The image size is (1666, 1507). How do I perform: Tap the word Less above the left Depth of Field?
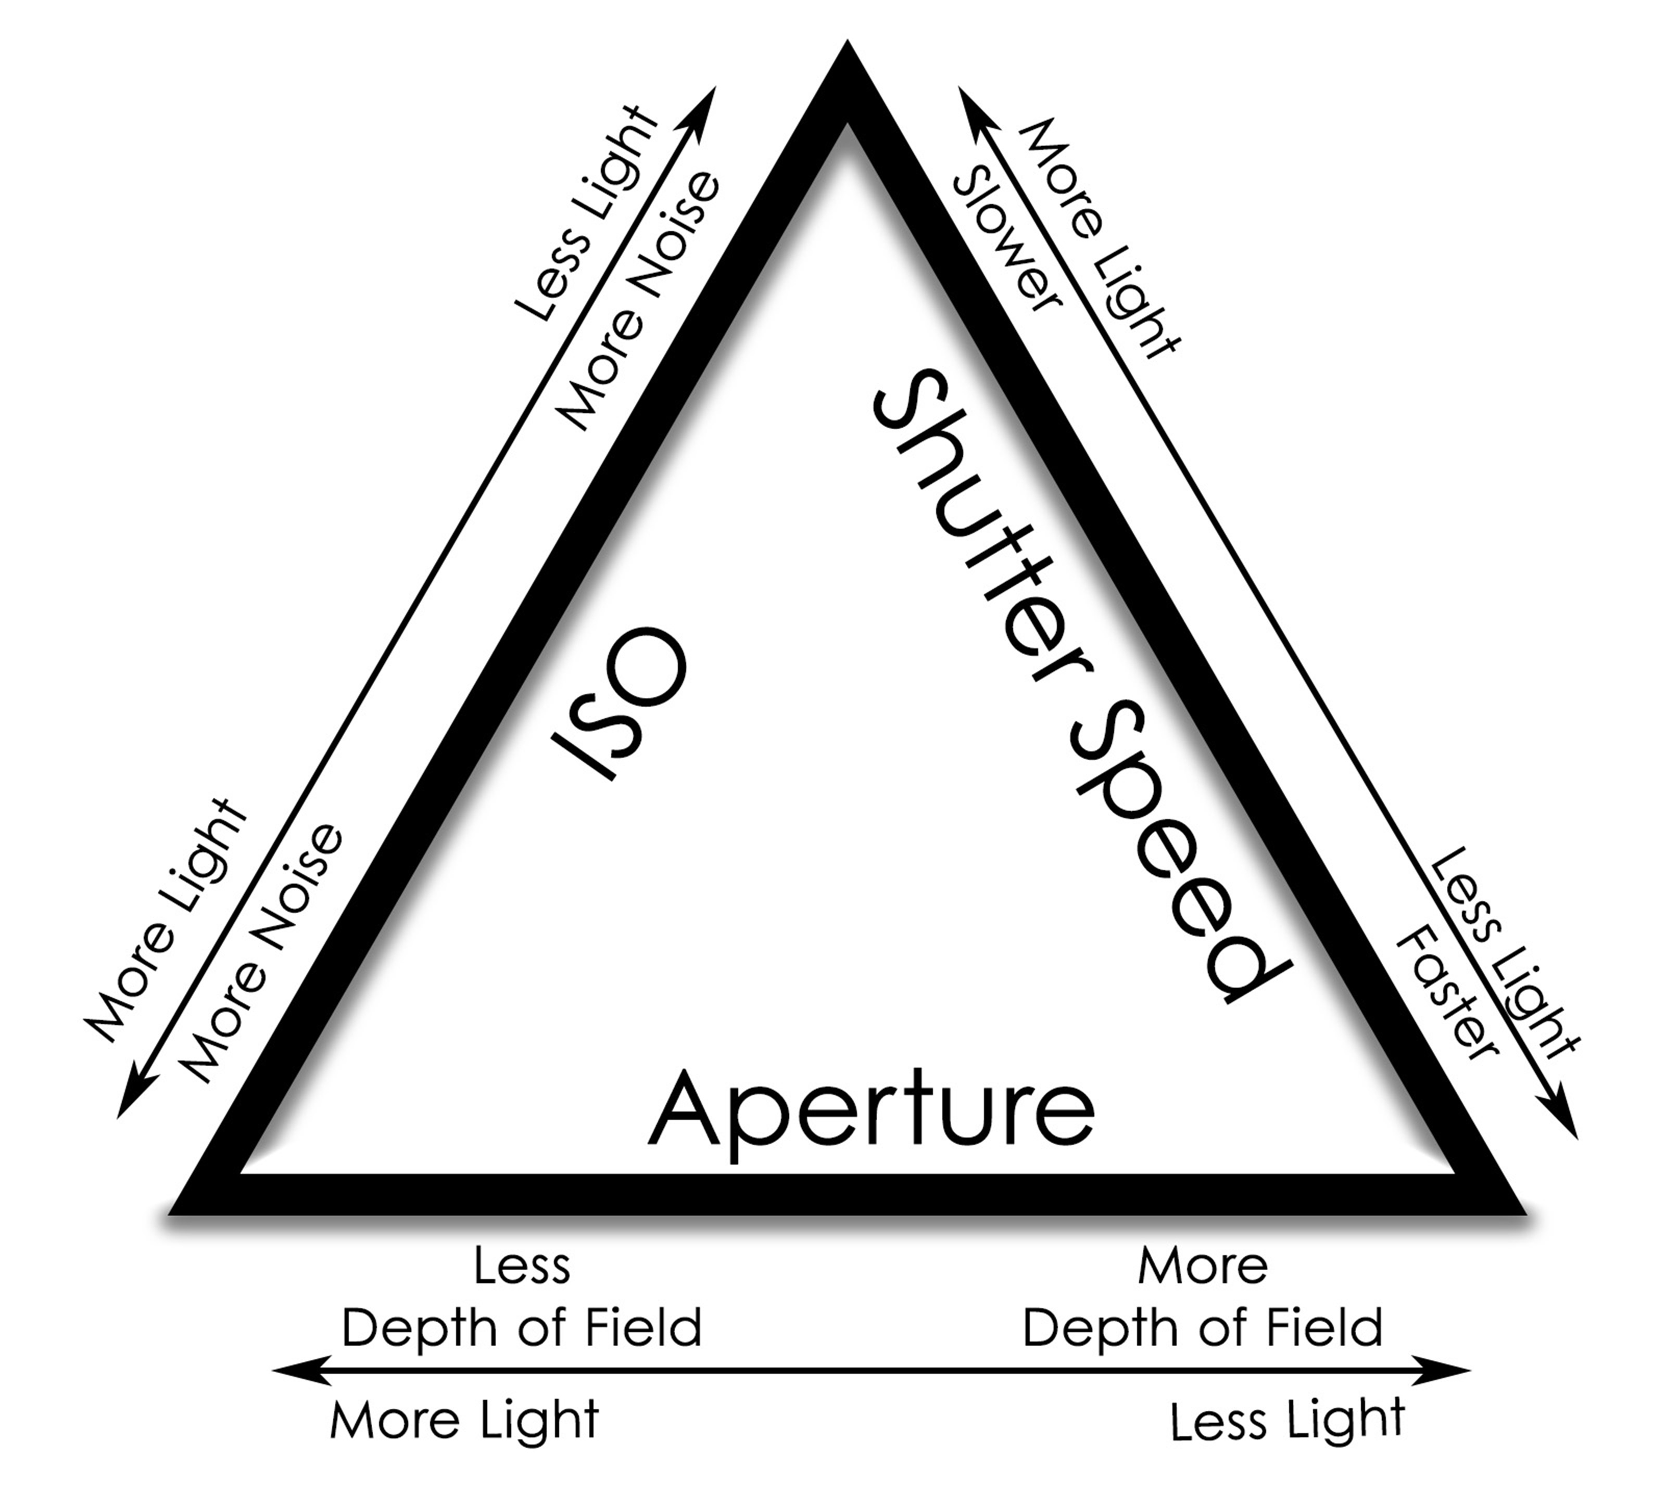tap(522, 1266)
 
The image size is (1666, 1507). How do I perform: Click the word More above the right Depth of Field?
tap(1203, 1266)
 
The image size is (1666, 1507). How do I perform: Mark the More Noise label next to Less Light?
tap(640, 302)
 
